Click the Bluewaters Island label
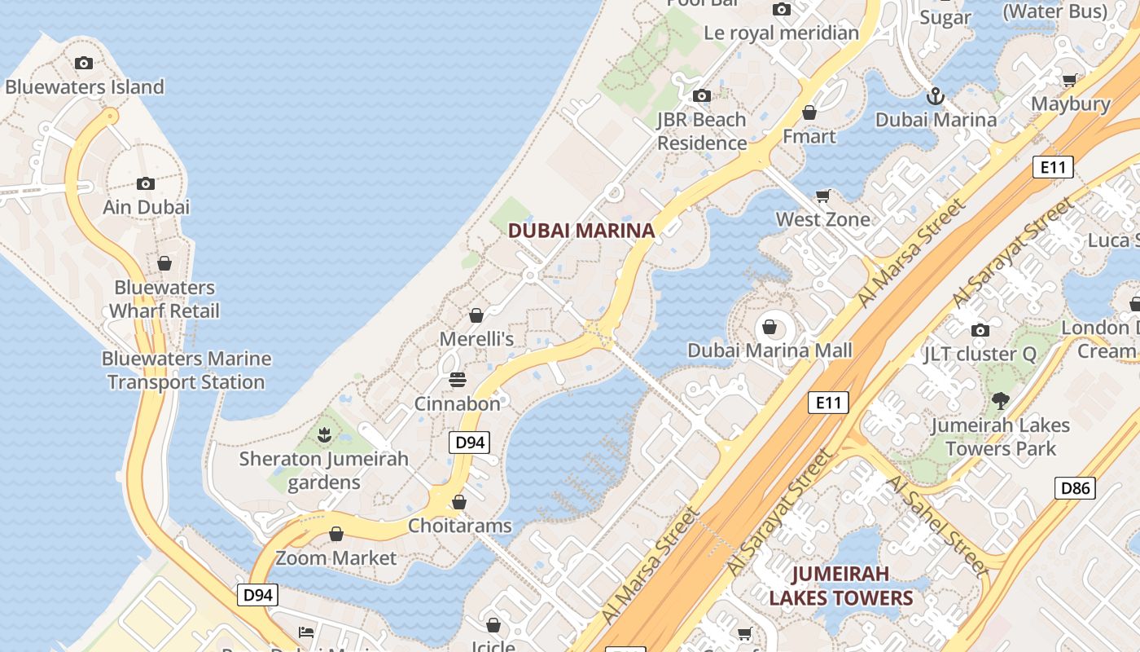click(x=85, y=86)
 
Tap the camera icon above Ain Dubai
click(x=146, y=183)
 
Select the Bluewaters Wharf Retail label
click(x=164, y=299)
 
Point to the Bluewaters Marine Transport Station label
click(x=186, y=370)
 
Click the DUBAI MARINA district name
click(x=581, y=231)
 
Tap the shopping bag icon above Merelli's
click(x=476, y=315)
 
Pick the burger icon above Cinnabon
click(x=458, y=380)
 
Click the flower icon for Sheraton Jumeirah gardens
click(x=325, y=434)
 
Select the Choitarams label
click(x=460, y=526)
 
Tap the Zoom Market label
click(x=335, y=558)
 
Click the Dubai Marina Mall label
click(x=769, y=350)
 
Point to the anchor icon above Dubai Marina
click(x=936, y=96)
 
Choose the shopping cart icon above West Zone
click(x=823, y=196)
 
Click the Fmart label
click(x=809, y=136)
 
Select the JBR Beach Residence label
click(x=702, y=131)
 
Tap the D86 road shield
click(x=1075, y=488)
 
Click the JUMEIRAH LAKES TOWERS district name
click(x=841, y=586)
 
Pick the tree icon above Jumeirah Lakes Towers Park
click(x=1001, y=401)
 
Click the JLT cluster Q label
click(x=980, y=354)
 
